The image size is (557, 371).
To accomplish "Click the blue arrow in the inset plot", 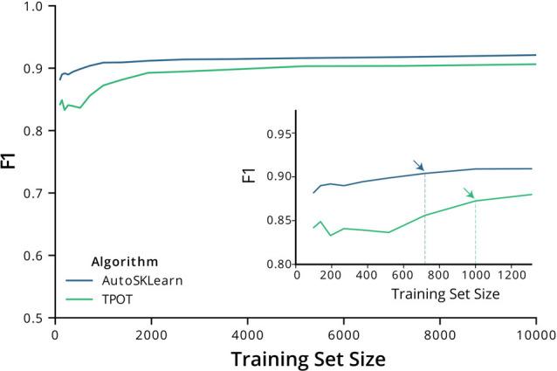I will point(418,165).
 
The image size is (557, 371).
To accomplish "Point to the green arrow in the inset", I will point(469,193).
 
